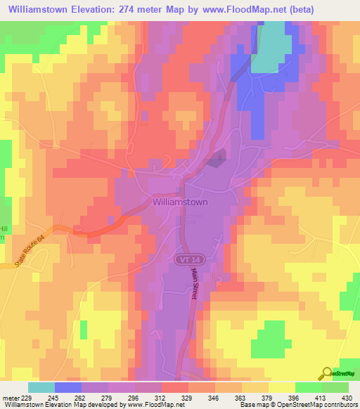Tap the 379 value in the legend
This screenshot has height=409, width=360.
coord(269,398)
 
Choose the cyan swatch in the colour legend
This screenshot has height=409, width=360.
coord(41,387)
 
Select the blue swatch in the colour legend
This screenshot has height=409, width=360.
coord(68,387)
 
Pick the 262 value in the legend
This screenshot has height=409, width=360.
coord(82,398)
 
